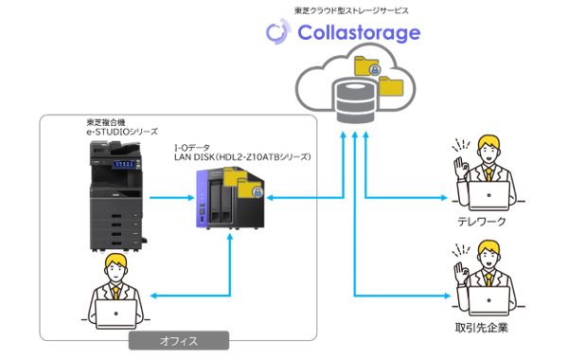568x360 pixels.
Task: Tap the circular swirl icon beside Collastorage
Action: pos(276,32)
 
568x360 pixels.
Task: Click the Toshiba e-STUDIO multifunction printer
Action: pos(115,200)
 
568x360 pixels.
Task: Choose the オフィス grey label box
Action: pos(178,341)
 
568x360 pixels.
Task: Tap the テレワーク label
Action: pos(481,222)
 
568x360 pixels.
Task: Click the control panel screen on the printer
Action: pos(119,163)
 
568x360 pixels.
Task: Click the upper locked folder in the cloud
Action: pos(365,67)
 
